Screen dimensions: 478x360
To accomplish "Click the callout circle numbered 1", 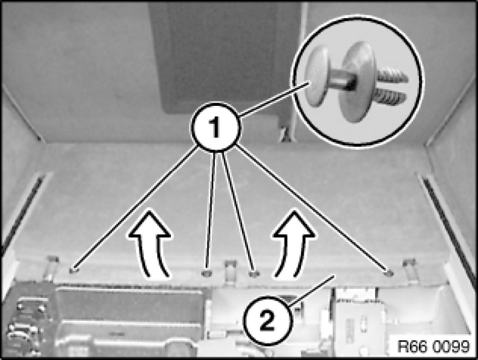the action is (x=216, y=127).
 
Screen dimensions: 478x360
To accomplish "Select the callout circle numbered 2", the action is (x=267, y=321).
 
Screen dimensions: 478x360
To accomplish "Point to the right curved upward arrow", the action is (x=293, y=244).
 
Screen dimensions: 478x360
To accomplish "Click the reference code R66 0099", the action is (x=433, y=346).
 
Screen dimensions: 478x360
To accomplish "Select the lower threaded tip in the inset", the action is (x=391, y=98).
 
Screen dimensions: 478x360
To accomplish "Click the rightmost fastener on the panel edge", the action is (x=388, y=272).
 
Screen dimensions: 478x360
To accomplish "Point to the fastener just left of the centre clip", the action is (x=206, y=273).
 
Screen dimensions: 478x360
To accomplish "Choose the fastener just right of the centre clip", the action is (x=254, y=274).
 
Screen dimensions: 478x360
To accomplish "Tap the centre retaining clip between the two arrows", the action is (x=230, y=271).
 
